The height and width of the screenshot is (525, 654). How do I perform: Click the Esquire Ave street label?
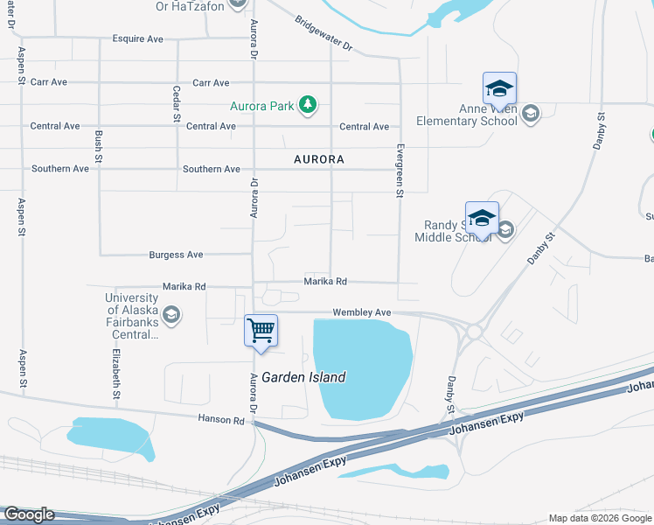[138, 39]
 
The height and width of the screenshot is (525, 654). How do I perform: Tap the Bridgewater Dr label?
[323, 33]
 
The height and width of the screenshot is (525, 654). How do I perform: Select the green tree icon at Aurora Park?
[307, 106]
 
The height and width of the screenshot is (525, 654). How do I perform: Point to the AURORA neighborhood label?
[318, 160]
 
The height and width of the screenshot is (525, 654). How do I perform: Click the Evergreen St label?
[399, 171]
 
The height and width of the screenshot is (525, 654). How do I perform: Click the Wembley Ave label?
[361, 312]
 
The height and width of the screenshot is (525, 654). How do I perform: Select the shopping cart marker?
[261, 332]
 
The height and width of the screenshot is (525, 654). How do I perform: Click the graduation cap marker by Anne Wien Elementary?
[499, 89]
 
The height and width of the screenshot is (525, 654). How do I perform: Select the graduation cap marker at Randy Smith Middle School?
[482, 218]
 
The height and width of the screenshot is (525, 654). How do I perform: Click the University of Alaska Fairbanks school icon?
[171, 314]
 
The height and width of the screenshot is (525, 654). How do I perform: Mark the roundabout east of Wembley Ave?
[474, 332]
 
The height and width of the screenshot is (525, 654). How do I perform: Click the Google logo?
[28, 514]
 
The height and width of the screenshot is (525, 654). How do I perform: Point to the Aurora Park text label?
[262, 107]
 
